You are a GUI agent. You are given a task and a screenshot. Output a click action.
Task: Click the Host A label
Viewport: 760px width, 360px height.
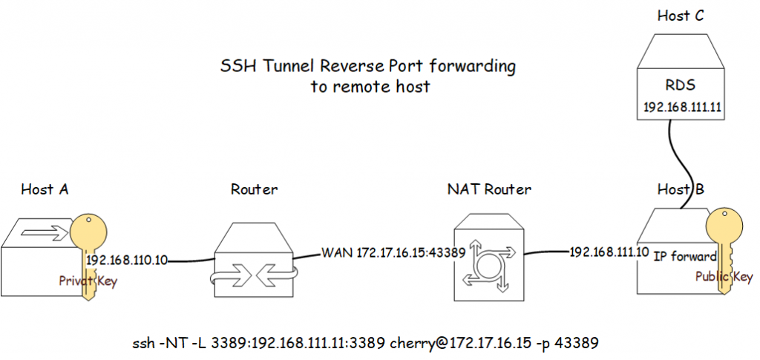[45, 189]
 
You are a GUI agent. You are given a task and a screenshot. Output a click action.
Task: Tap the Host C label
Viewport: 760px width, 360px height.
[680, 16]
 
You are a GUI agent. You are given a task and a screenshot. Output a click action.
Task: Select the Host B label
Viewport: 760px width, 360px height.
[680, 189]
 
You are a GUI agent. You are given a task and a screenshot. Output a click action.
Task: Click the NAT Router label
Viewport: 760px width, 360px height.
[488, 189]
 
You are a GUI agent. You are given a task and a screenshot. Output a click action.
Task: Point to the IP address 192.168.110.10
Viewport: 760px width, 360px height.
[127, 261]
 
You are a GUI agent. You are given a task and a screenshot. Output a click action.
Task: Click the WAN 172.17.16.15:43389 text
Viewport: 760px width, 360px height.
[393, 252]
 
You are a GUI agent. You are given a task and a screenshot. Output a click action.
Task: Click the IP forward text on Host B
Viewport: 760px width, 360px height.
[684, 258]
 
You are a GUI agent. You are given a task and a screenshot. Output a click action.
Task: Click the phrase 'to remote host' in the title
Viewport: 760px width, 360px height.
[370, 86]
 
